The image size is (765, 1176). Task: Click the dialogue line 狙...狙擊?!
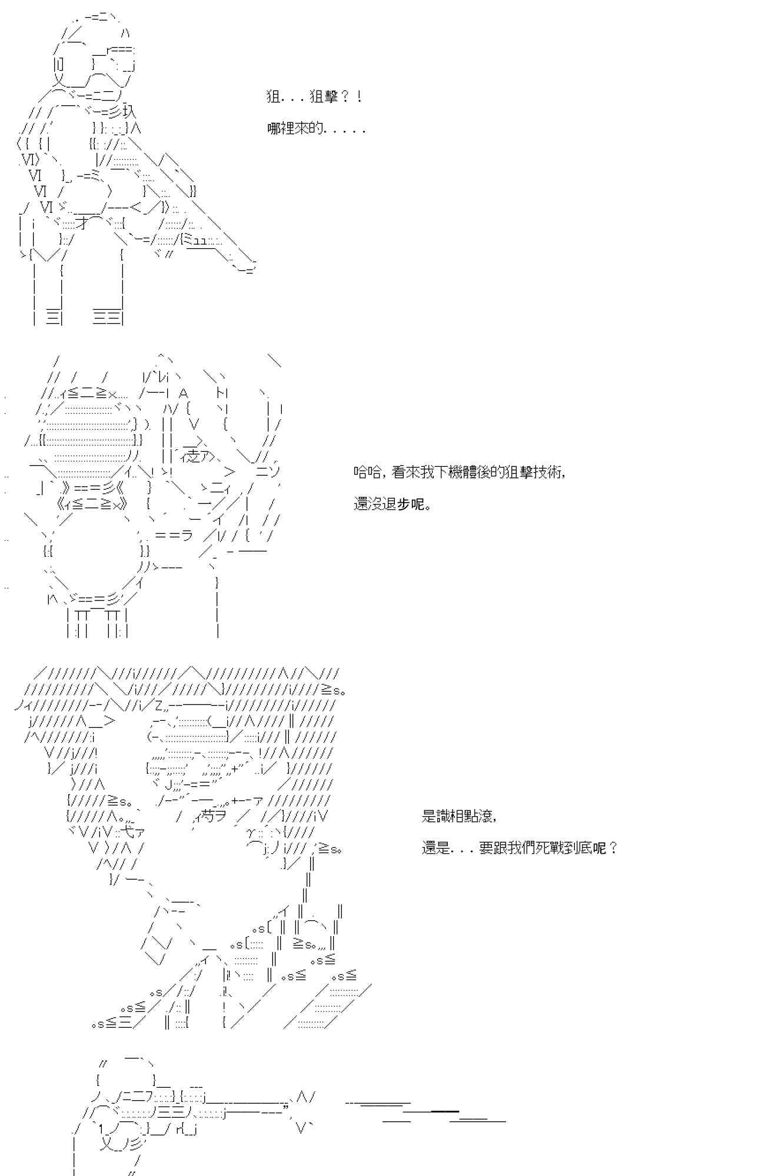(314, 97)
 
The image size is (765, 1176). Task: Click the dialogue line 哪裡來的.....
(317, 129)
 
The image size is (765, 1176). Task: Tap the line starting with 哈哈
(460, 472)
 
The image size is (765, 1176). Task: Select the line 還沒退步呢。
(393, 505)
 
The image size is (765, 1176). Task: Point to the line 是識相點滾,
(460, 816)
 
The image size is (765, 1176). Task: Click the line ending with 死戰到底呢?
(520, 848)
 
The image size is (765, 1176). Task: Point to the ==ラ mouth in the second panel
(174, 534)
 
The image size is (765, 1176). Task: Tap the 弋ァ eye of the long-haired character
(133, 833)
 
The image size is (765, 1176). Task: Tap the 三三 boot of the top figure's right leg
(108, 318)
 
